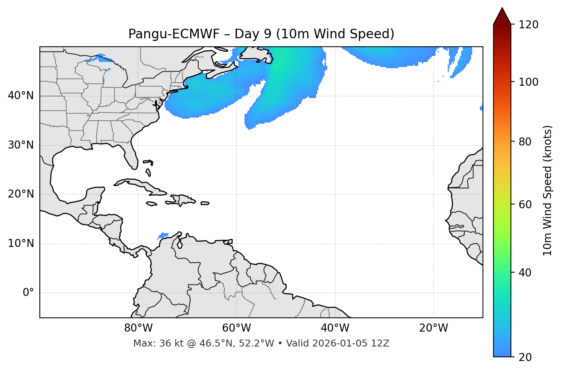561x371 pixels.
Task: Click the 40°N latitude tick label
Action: pos(21,96)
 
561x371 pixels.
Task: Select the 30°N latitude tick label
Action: pos(21,145)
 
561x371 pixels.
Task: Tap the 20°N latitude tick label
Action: pos(21,194)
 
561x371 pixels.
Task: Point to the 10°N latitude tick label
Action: pos(21,244)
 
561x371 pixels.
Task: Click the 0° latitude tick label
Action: pos(28,293)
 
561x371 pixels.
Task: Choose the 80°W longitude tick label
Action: pos(138,328)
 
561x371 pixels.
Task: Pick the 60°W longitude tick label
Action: pos(236,328)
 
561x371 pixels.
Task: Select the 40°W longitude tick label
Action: pos(335,328)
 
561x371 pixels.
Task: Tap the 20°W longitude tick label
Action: pos(433,328)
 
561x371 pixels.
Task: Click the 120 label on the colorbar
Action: pos(528,25)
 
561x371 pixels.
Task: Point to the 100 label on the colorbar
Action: pos(528,82)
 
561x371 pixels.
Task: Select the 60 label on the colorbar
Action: pos(525,205)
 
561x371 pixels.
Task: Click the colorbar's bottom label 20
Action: pos(525,357)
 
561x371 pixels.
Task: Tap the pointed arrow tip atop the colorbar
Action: pos(502,8)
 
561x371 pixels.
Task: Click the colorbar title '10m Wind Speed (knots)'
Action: pos(548,190)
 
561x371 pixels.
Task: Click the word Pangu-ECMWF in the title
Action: pos(174,34)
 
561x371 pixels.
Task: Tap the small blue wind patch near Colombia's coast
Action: pos(163,235)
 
